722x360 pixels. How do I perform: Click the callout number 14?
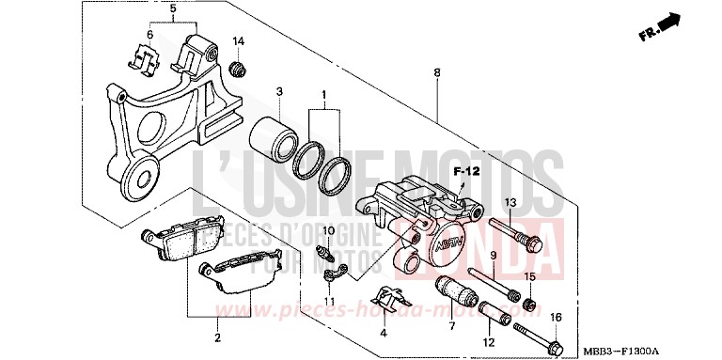239,41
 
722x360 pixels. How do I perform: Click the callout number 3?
279,91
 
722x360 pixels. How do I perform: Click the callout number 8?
437,71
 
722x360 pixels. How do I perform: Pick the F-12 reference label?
466,172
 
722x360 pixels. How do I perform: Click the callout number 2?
217,337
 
